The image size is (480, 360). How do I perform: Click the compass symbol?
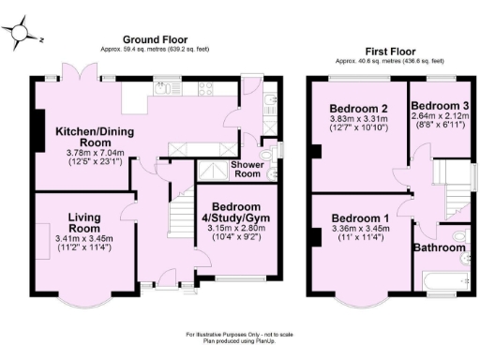[20, 35]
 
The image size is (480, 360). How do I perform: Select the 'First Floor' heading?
[389, 52]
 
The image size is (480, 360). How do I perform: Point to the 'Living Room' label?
[83, 222]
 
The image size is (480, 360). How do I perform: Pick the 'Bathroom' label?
[441, 247]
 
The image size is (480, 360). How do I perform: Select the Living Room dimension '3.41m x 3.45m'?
[83, 239]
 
